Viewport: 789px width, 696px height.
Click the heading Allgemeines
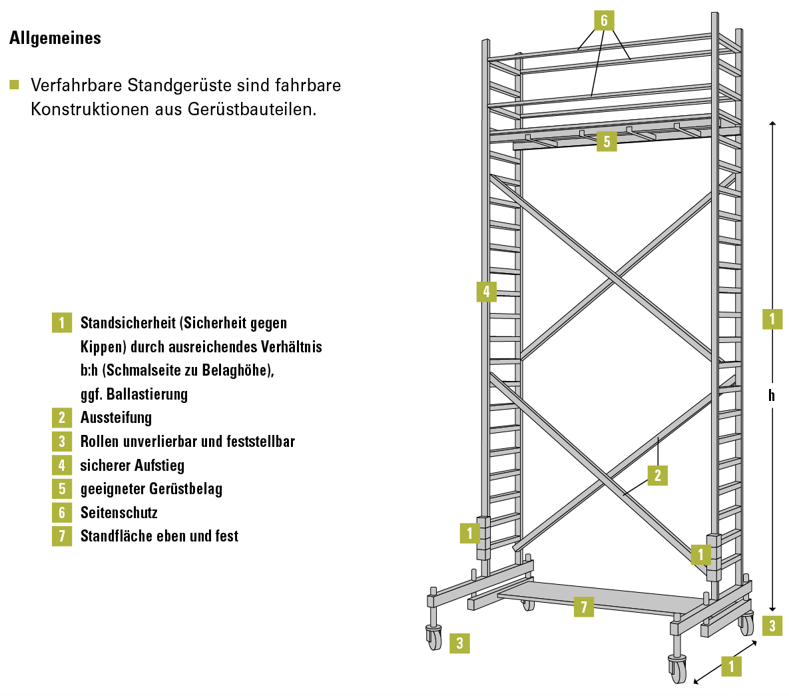point(55,38)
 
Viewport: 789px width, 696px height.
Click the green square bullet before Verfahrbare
point(15,85)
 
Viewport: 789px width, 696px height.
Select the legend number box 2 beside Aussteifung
point(62,418)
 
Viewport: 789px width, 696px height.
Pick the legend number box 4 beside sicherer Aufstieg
point(62,465)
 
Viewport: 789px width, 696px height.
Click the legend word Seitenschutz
point(119,512)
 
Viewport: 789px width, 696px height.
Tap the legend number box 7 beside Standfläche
point(62,536)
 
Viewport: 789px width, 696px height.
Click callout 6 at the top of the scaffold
point(604,21)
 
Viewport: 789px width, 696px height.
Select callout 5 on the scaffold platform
point(607,141)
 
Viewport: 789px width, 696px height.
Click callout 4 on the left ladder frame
point(487,292)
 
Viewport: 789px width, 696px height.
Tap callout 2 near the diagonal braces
point(658,476)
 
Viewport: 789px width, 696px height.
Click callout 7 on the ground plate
point(584,607)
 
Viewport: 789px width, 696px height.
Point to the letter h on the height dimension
point(772,395)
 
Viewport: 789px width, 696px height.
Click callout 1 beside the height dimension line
point(772,318)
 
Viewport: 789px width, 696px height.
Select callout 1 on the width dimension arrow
point(731,666)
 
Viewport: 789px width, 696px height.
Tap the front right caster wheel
point(678,668)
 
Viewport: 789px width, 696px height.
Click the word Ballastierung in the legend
point(147,394)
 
